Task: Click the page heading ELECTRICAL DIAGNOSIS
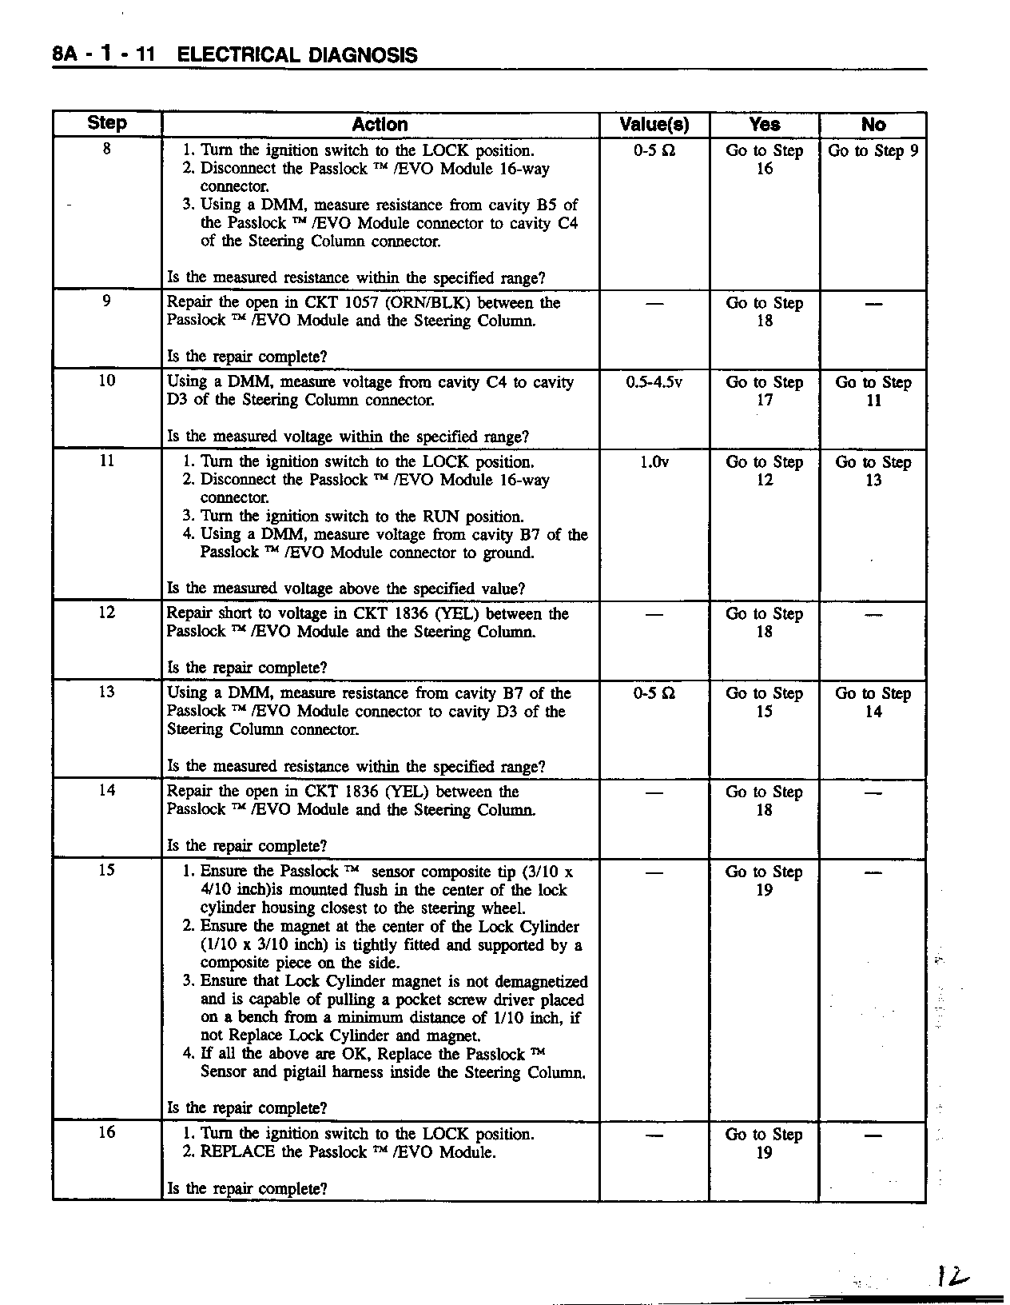pyautogui.click(x=296, y=55)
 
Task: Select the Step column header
pyautogui.click(x=107, y=123)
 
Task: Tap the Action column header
pyautogui.click(x=380, y=124)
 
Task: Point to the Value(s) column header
pyautogui.click(x=654, y=124)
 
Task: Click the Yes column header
pyautogui.click(x=764, y=124)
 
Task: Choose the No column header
pyautogui.click(x=873, y=124)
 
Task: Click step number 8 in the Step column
pyautogui.click(x=107, y=149)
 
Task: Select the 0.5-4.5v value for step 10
pyautogui.click(x=654, y=382)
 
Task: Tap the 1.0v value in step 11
pyautogui.click(x=654, y=462)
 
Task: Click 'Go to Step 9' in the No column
pyautogui.click(x=873, y=150)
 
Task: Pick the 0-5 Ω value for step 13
pyautogui.click(x=654, y=693)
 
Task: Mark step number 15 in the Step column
pyautogui.click(x=107, y=870)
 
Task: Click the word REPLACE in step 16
pyautogui.click(x=238, y=1152)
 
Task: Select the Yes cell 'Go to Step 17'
pyautogui.click(x=764, y=391)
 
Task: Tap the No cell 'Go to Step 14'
pyautogui.click(x=873, y=702)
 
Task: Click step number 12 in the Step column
pyautogui.click(x=107, y=613)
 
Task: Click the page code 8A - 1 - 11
pyautogui.click(x=103, y=55)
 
